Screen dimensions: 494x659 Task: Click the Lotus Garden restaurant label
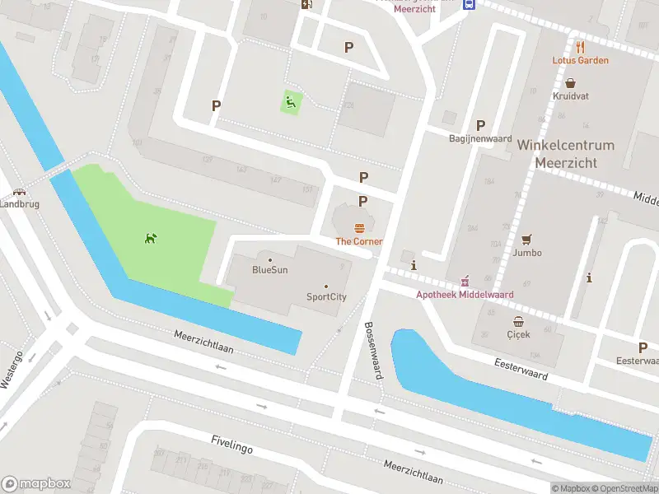(x=581, y=60)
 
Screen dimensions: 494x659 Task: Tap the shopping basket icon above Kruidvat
(x=570, y=83)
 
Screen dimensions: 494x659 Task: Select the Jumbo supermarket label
(x=526, y=253)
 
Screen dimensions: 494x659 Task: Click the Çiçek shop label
(x=518, y=334)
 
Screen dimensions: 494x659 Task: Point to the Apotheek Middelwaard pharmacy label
(x=465, y=294)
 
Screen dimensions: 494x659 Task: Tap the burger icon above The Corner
(x=359, y=227)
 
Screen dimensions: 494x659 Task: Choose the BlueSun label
(x=269, y=269)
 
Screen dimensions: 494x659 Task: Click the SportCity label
(x=325, y=296)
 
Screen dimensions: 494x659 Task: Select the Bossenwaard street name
(x=373, y=350)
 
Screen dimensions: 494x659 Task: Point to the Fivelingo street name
(x=231, y=445)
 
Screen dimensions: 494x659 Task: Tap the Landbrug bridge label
(x=14, y=203)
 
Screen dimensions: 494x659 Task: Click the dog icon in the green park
(x=151, y=239)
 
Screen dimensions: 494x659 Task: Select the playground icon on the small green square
(x=290, y=102)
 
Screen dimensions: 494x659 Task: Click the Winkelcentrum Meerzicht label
(x=565, y=153)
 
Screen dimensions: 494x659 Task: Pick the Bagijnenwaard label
(x=480, y=138)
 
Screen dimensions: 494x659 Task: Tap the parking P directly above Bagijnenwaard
(x=480, y=125)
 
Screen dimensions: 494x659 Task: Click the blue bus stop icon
(x=469, y=3)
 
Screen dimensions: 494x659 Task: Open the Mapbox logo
(x=36, y=483)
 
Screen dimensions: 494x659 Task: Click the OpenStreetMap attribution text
(x=624, y=488)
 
